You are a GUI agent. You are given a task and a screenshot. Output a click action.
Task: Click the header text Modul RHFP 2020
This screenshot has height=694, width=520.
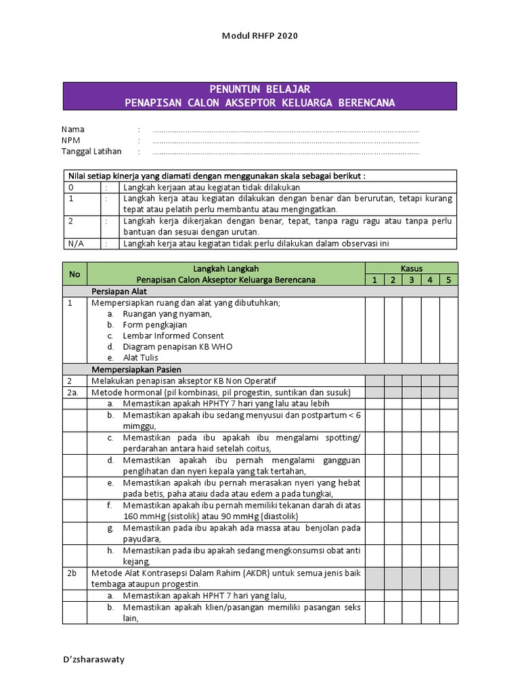tap(260, 35)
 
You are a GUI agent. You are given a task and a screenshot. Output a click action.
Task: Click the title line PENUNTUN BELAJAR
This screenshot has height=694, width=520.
tap(260, 89)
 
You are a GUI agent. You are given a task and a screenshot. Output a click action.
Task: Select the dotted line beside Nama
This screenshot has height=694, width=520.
tap(286, 129)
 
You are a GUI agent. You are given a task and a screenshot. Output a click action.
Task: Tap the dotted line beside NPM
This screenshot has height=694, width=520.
tap(286, 141)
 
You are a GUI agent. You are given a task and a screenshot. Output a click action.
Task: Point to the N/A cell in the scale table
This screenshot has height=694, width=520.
tap(75, 244)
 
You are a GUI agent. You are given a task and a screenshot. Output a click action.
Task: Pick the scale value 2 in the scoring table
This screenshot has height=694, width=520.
tap(71, 221)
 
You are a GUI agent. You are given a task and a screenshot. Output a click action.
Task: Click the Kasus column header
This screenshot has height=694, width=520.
tap(412, 268)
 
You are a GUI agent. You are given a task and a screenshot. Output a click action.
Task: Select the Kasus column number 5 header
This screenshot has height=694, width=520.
tap(448, 279)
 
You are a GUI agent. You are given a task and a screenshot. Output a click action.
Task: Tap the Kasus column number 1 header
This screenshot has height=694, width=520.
tap(374, 279)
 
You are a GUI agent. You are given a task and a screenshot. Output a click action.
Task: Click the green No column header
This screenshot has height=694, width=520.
tap(74, 274)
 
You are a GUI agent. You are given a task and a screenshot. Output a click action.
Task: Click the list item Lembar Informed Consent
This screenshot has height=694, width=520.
tap(173, 335)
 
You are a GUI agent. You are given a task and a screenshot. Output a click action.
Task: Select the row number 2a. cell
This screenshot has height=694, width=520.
tap(74, 392)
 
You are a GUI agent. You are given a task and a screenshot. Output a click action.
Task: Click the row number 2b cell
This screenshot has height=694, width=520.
tap(72, 573)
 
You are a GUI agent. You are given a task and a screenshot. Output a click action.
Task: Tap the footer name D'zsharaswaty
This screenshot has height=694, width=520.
tap(94, 659)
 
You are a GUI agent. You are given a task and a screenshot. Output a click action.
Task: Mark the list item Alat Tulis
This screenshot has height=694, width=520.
tap(142, 357)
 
